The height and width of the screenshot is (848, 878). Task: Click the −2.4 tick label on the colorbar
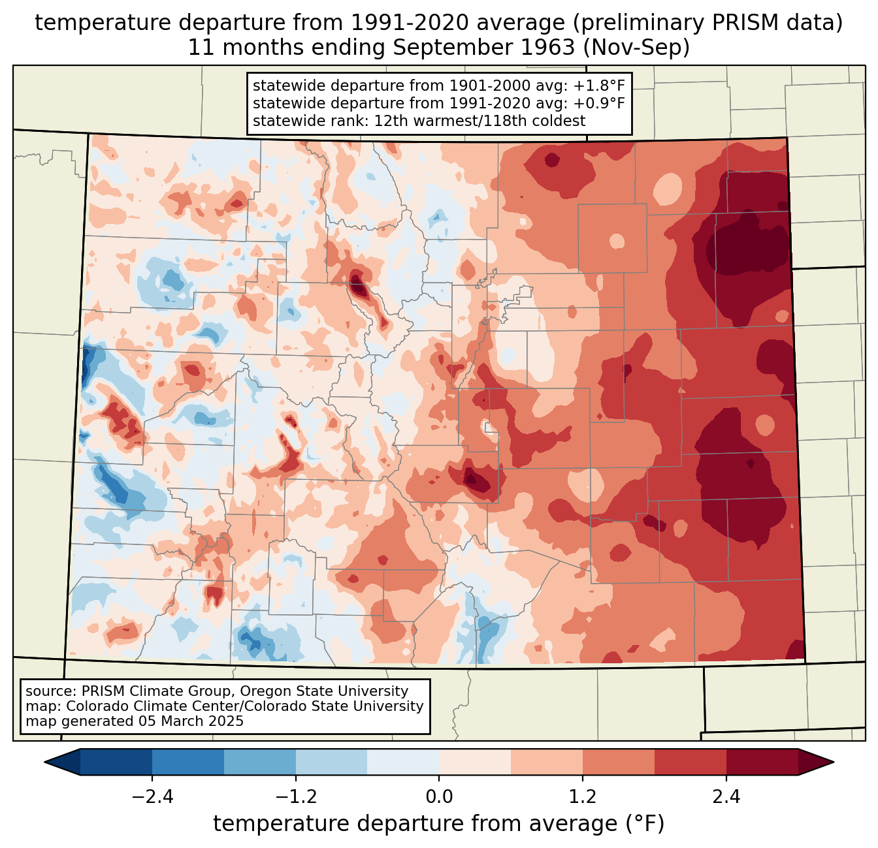pos(152,797)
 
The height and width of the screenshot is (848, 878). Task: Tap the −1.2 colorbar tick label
pos(295,797)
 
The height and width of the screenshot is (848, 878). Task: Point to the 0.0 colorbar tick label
pos(439,797)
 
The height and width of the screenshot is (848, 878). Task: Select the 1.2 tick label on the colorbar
pos(583,797)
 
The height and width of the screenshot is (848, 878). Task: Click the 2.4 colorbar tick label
pos(726,797)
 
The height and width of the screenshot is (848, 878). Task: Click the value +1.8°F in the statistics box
pos(599,86)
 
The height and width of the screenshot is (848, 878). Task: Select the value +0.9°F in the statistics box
pos(599,103)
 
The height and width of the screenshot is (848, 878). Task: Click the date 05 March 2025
pos(190,721)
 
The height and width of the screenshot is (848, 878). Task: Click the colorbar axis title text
pos(438,824)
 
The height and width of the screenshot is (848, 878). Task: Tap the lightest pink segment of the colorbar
pos(475,762)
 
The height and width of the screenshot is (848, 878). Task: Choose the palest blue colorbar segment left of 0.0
pos(403,762)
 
